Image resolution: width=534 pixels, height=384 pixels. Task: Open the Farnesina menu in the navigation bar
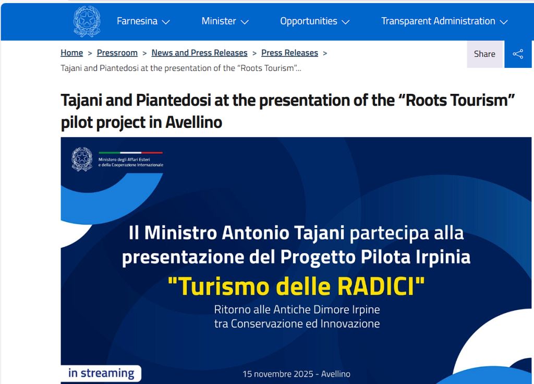coord(143,21)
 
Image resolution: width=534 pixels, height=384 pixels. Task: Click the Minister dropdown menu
coord(225,21)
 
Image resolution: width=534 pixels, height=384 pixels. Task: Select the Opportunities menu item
coord(314,21)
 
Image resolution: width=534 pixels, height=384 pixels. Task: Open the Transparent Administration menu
coord(444,21)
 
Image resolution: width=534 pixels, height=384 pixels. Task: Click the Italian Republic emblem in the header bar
coord(87,21)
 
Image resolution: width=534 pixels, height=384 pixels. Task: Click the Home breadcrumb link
coord(72,53)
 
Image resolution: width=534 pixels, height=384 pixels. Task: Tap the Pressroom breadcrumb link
coord(117,53)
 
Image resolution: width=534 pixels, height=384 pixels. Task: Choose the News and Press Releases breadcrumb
coord(200,53)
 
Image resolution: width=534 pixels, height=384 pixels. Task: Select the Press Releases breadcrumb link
coord(290,53)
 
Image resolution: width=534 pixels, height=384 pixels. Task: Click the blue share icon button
coord(518,54)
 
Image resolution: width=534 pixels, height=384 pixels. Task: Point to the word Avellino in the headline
coord(194,122)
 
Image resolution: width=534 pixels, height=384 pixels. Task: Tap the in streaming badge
coord(101,373)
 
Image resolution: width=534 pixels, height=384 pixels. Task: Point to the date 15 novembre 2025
coord(278,374)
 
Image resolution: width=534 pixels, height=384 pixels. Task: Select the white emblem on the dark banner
coord(82,159)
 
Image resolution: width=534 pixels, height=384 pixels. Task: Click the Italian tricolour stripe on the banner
coord(131,153)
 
